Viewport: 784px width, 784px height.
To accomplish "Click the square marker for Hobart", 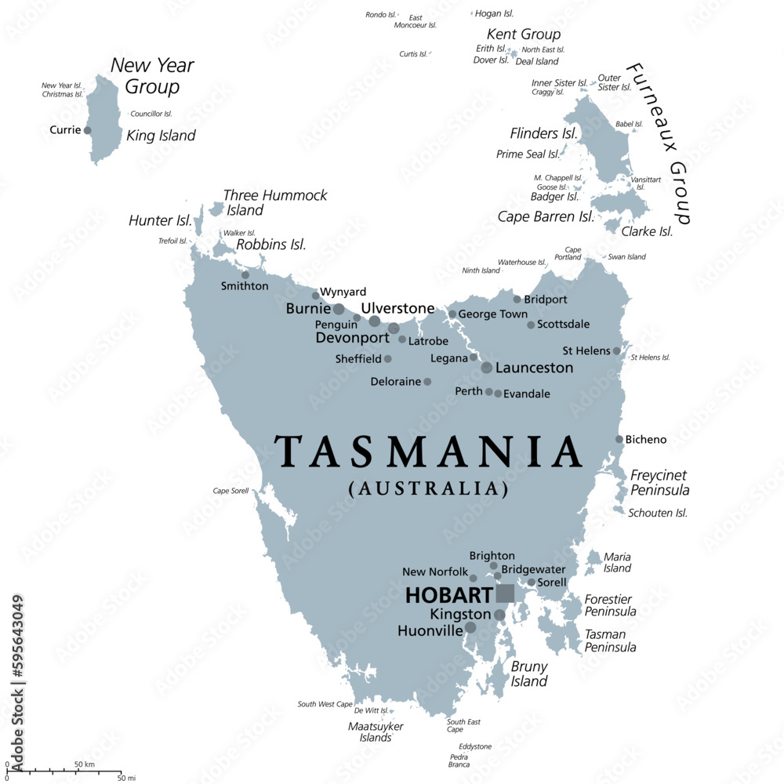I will point(505,593).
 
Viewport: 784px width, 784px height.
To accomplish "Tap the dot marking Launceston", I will point(487,368).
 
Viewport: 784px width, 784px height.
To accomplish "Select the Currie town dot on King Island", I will point(87,130).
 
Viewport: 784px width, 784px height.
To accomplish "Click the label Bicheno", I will point(646,440).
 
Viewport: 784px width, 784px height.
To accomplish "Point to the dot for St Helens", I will point(617,350).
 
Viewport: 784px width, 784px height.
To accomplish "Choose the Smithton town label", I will point(244,286).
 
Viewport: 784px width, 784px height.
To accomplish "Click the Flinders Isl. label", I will point(544,133).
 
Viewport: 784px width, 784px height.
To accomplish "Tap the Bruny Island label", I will point(529,674).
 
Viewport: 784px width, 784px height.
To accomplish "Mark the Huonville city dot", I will point(470,627).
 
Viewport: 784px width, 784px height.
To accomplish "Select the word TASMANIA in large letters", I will point(428,452).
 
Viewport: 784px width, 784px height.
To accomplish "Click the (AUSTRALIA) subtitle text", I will point(428,489).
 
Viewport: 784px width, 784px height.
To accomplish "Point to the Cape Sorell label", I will point(230,491).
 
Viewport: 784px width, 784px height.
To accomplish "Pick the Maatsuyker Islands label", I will point(376,731).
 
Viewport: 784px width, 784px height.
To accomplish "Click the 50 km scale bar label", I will point(85,764).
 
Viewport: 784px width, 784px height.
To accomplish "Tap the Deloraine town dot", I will point(427,382).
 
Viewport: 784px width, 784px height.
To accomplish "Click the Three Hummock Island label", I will point(274,202).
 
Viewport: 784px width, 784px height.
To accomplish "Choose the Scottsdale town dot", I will point(531,325).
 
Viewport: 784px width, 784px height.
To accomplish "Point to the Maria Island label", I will point(617,562).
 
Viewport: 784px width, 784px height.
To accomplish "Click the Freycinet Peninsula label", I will point(659,483).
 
